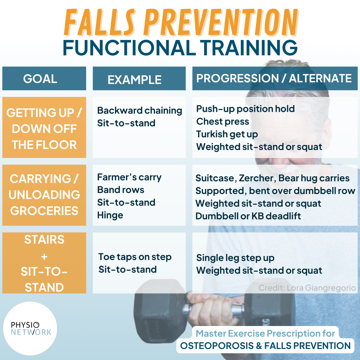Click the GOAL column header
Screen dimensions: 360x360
tap(44, 79)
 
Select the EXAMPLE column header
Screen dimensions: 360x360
tap(139, 79)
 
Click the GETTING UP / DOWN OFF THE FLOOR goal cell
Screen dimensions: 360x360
tap(44, 128)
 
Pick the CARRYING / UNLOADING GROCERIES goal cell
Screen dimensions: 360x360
tap(44, 195)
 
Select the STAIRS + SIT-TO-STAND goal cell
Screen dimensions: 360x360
tap(44, 263)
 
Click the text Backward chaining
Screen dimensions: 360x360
tap(139, 111)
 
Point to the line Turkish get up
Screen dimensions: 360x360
tap(227, 134)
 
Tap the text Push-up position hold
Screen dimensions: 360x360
tap(245, 109)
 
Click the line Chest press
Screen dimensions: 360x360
tap(222, 122)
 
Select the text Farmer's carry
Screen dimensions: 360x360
tap(129, 177)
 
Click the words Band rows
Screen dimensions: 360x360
tap(120, 190)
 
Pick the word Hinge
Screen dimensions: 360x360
tap(110, 215)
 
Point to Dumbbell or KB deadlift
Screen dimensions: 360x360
tap(248, 216)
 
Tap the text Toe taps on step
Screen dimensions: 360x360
tap(135, 257)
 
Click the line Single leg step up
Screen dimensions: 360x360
tap(235, 258)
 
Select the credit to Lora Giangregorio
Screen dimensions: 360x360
tap(307, 288)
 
